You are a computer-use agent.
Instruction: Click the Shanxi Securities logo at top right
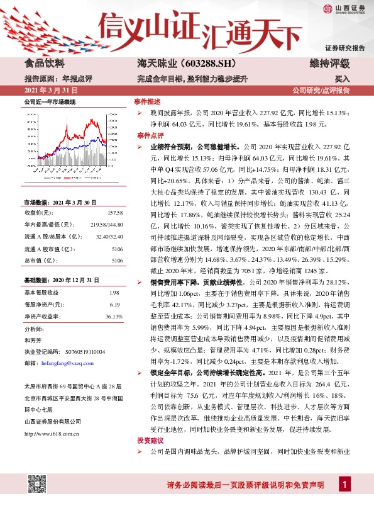point(344,8)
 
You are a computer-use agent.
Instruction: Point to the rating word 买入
point(342,79)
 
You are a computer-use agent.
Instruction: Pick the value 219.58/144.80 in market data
point(106,223)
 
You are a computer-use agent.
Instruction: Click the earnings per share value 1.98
point(114,293)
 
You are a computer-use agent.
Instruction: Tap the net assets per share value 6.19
point(114,304)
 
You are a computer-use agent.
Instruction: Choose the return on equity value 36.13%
point(113,315)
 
